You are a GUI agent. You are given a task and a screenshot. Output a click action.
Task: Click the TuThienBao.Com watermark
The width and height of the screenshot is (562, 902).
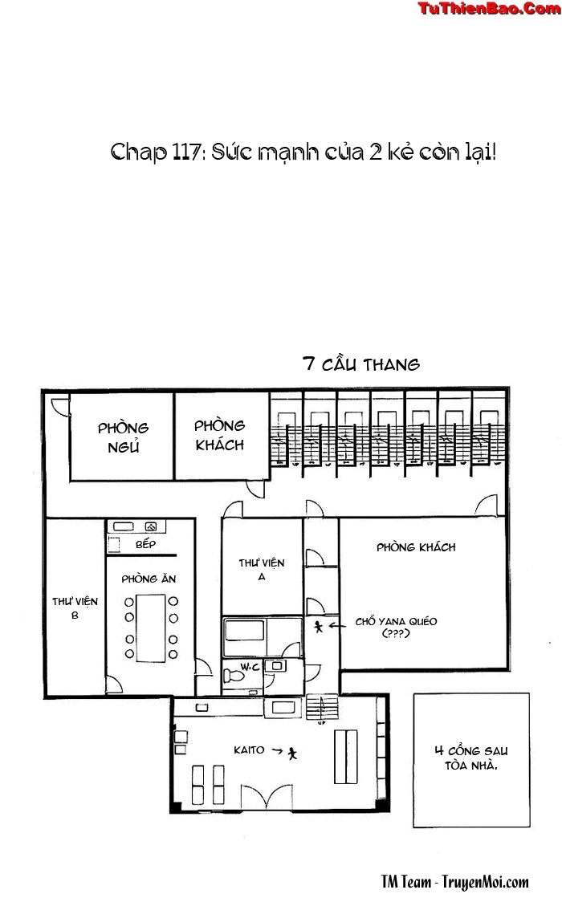click(488, 9)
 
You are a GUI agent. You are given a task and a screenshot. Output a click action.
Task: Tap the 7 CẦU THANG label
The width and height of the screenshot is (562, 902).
click(361, 364)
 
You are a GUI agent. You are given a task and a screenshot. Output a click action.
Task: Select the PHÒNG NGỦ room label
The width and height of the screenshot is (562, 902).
click(123, 437)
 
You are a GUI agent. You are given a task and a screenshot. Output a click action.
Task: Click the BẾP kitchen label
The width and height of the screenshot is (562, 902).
click(145, 544)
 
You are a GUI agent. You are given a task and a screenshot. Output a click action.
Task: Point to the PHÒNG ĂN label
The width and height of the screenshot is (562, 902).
click(149, 579)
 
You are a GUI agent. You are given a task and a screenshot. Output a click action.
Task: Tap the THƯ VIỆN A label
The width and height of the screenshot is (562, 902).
click(262, 569)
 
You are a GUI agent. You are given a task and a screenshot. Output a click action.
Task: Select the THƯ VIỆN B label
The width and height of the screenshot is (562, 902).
click(75, 607)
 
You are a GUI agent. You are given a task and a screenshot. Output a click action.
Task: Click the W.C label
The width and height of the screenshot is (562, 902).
click(249, 668)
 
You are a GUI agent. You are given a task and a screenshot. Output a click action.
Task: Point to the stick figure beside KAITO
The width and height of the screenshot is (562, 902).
click(292, 753)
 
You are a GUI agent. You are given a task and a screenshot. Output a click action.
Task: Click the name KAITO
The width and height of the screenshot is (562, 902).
click(249, 750)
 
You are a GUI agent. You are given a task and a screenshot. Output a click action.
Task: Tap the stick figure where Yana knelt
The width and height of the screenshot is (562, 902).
click(319, 627)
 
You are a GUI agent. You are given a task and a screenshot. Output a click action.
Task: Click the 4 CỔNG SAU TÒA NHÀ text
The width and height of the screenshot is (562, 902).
click(471, 758)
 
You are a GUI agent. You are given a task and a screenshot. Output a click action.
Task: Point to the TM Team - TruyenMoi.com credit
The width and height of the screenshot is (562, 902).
click(454, 882)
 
